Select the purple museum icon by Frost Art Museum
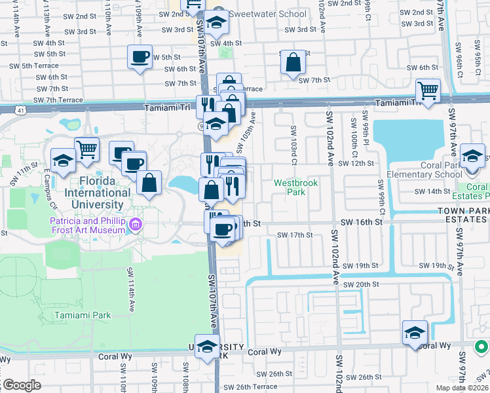click(136, 225)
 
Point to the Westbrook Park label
click(295, 188)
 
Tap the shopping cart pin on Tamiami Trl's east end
click(428, 91)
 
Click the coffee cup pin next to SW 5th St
click(140, 58)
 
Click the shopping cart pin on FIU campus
click(86, 149)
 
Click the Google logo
click(21, 385)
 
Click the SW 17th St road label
click(295, 234)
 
